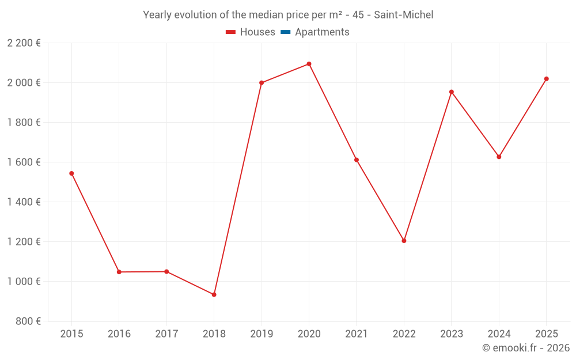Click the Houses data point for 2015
pos(71,173)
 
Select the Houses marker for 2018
pos(214,294)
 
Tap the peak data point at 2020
pos(309,64)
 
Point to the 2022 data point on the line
pos(404,241)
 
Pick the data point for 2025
pos(546,79)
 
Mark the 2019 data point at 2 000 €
pos(262,83)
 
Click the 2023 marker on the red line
pos(452,92)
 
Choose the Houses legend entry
pos(251,32)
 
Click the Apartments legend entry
pos(315,32)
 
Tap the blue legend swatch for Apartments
pos(286,32)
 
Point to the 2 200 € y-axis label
pos(24,43)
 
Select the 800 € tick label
pos(28,321)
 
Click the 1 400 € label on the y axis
pos(24,202)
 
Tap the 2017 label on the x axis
pos(167,334)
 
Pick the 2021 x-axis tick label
pos(357,334)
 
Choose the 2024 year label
pos(499,334)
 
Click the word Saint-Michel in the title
pos(404,15)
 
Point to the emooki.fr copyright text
pos(526,348)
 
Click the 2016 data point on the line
pos(119,272)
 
